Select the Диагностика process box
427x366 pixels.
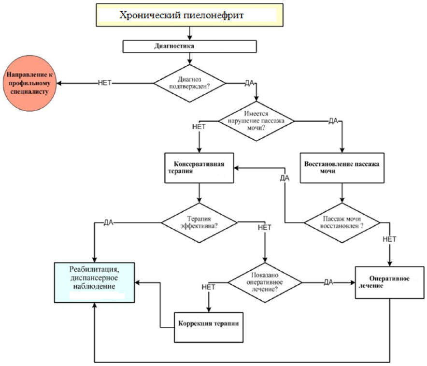click(189, 46)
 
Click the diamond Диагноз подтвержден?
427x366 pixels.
click(189, 83)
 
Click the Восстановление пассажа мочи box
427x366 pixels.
click(342, 168)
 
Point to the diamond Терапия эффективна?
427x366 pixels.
click(199, 222)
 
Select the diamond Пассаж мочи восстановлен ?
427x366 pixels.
click(342, 222)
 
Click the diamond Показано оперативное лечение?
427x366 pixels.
click(265, 282)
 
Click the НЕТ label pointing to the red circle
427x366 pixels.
click(105, 83)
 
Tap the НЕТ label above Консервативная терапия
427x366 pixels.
click(199, 127)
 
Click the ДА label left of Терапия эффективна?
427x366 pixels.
click(109, 222)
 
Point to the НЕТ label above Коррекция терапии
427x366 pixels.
click(208, 287)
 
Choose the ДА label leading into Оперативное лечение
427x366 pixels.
click(328, 282)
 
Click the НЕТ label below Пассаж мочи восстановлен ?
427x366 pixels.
click(389, 239)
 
